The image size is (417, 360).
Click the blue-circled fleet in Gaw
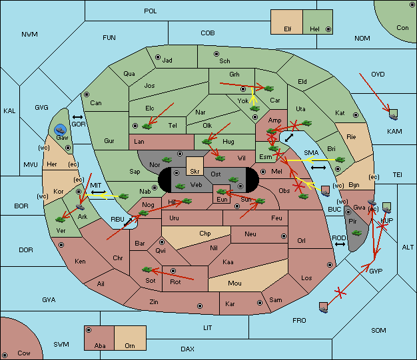click(x=61, y=130)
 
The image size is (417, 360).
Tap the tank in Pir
click(x=356, y=234)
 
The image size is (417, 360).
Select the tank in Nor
click(x=167, y=160)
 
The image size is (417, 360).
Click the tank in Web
click(x=181, y=186)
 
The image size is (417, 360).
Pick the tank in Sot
click(x=147, y=270)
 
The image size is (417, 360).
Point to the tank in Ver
click(x=61, y=220)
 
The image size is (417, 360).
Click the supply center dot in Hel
click(x=328, y=29)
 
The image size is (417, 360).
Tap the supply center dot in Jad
click(x=158, y=57)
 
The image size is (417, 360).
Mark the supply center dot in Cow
click(x=5, y=355)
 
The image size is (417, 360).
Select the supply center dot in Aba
click(x=89, y=330)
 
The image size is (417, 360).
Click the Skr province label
click(x=195, y=172)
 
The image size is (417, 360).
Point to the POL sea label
click(x=151, y=11)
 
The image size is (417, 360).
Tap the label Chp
click(x=205, y=234)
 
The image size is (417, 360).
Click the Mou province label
click(x=235, y=283)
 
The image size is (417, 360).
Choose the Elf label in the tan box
click(x=288, y=29)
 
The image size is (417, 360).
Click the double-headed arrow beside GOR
click(x=77, y=117)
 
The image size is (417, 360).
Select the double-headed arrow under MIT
click(x=99, y=192)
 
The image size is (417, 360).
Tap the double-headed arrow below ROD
click(x=340, y=244)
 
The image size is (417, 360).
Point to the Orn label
click(x=130, y=345)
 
